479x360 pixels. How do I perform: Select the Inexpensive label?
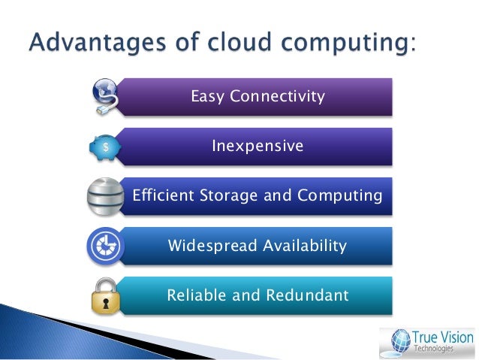[258, 146]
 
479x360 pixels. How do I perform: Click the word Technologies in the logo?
[435, 349]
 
